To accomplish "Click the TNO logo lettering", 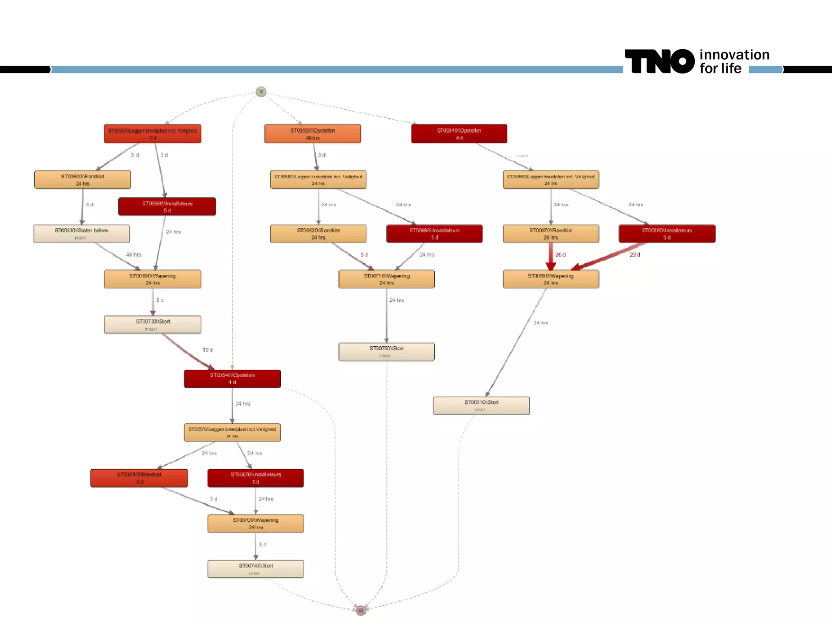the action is tap(659, 61).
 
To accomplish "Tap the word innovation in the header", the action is tap(734, 55).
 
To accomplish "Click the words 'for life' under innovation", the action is tap(720, 69).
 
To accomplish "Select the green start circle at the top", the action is tap(261, 92).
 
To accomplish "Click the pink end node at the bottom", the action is tap(360, 609).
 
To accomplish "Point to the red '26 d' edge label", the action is tap(561, 255).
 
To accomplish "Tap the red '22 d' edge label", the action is tap(635, 255).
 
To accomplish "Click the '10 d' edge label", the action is tap(208, 350).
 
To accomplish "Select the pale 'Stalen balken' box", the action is tap(82, 234).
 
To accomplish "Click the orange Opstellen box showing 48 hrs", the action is tap(312, 134).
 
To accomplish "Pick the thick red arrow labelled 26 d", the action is tap(551, 256).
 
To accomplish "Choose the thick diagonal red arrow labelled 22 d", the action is tap(609, 257).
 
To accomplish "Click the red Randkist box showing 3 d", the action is tap(139, 478).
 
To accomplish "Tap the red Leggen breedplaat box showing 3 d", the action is tap(152, 134).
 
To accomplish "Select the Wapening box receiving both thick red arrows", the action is tap(550, 279).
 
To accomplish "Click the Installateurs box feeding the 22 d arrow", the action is tap(667, 234).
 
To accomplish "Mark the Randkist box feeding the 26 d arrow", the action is tap(550, 234).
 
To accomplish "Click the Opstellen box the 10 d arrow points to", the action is tap(232, 379).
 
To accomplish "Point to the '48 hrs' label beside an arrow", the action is tap(134, 255).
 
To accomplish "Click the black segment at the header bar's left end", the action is tap(25, 69).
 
